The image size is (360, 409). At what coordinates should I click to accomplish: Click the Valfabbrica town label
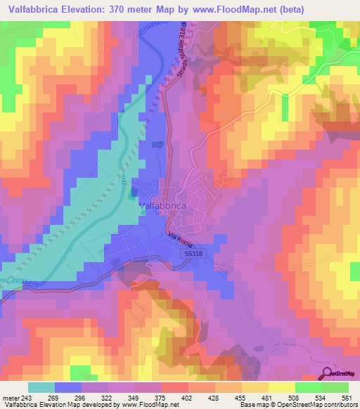point(162,205)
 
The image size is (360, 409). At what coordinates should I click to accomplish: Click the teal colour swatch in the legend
point(41,387)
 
